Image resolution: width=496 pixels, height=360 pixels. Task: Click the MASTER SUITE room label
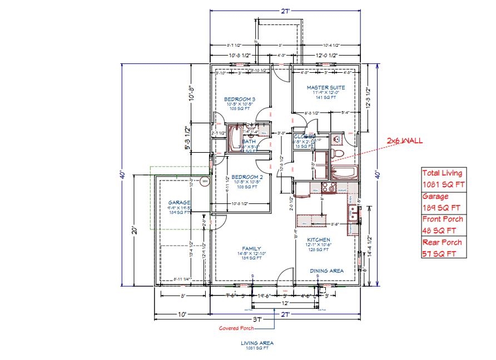(x=326, y=87)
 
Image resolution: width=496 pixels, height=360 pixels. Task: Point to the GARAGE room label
(x=180, y=203)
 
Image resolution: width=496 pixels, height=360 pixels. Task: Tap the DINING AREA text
(x=326, y=271)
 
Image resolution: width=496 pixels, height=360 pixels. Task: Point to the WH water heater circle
(x=205, y=181)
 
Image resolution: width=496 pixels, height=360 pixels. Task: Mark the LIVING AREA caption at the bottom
(x=257, y=343)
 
